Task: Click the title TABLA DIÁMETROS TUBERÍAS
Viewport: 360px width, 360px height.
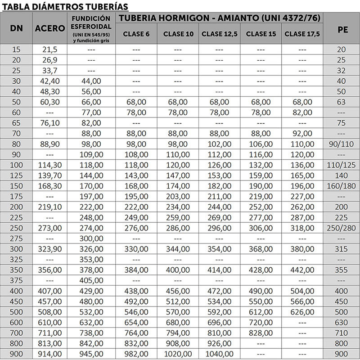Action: pos(66,6)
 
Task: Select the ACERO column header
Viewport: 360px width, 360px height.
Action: pos(50,28)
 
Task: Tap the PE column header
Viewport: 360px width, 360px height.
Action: pos(342,28)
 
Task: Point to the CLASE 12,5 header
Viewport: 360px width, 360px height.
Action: pos(220,34)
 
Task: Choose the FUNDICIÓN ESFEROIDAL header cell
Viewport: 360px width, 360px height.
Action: pos(91,28)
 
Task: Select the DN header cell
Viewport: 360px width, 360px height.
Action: pos(17,28)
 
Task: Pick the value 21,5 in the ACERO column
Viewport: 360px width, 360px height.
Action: pos(50,49)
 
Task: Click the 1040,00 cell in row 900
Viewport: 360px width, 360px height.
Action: pos(220,354)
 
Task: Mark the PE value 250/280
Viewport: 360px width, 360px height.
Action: pos(342,228)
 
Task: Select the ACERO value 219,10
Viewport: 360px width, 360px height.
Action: pos(50,207)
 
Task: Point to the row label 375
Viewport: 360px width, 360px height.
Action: pos(17,280)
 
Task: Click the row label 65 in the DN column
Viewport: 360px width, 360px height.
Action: pos(17,122)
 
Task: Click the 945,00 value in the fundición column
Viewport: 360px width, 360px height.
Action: pos(91,354)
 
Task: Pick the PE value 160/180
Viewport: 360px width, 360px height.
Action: pos(342,186)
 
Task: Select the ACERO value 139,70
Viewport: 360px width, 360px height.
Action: pos(50,175)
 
